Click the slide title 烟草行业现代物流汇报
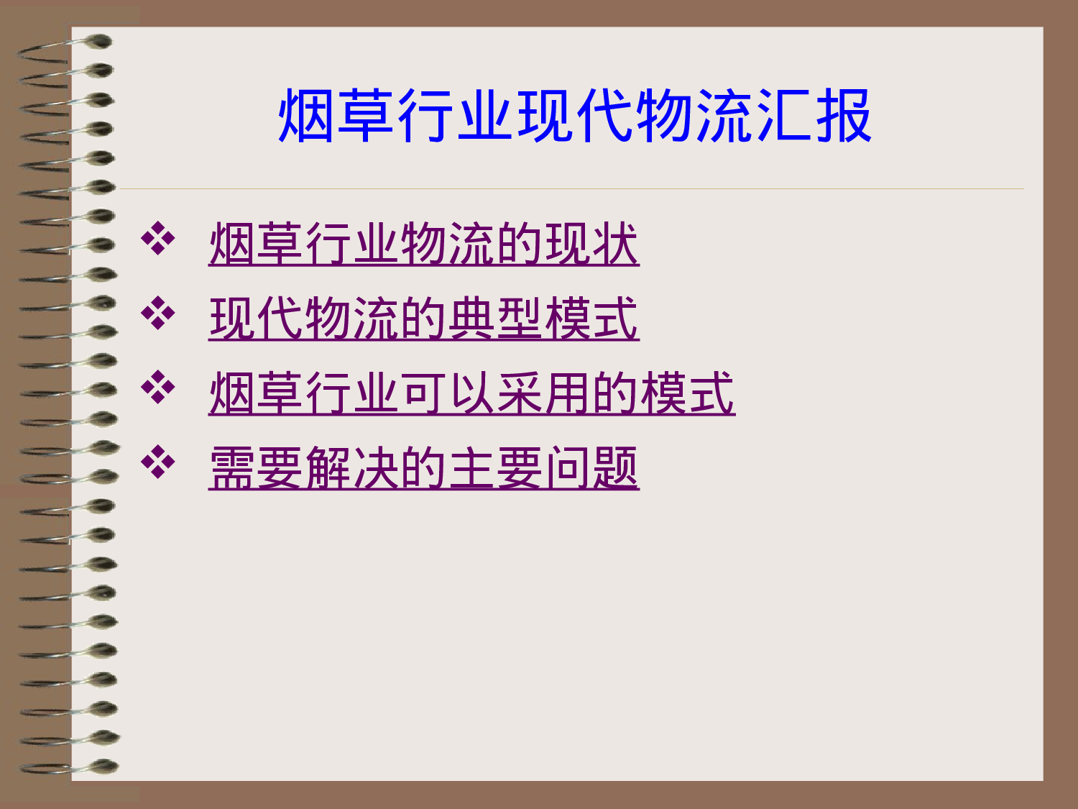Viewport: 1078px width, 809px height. pos(575,116)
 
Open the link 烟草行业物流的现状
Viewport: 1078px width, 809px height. pos(423,244)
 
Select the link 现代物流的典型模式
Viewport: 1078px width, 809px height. pos(423,319)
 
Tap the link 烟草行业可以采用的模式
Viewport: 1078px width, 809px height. pos(471,393)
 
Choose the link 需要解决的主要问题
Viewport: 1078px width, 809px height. pos(423,468)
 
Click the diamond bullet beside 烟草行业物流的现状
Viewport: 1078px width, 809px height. pos(158,240)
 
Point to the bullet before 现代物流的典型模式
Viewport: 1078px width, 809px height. pos(158,314)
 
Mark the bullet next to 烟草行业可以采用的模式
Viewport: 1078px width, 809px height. pos(158,388)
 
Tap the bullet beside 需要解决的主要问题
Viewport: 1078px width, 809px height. pos(158,462)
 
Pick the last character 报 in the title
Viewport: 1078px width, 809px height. pos(844,116)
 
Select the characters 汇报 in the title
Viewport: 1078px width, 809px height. pos(814,116)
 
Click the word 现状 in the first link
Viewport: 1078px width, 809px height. pos(591,244)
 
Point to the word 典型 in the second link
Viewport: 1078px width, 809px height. pos(495,319)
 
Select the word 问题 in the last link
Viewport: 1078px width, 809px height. pos(591,468)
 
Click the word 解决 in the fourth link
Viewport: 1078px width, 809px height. pos(351,468)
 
